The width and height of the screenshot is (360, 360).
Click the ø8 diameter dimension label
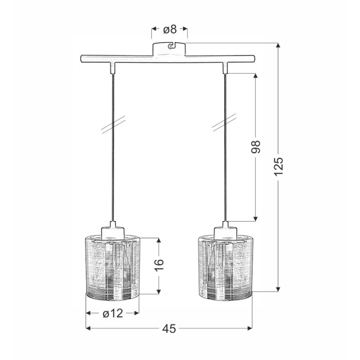tap(170, 29)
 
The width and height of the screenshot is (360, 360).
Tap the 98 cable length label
tap(256, 147)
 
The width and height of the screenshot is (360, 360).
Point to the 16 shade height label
tap(159, 265)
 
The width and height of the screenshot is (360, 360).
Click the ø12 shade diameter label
tap(113, 313)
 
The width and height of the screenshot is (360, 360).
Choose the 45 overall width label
tap(169, 329)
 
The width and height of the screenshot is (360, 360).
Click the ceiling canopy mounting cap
tap(169, 49)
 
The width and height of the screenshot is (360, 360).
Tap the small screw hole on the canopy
tap(170, 47)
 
